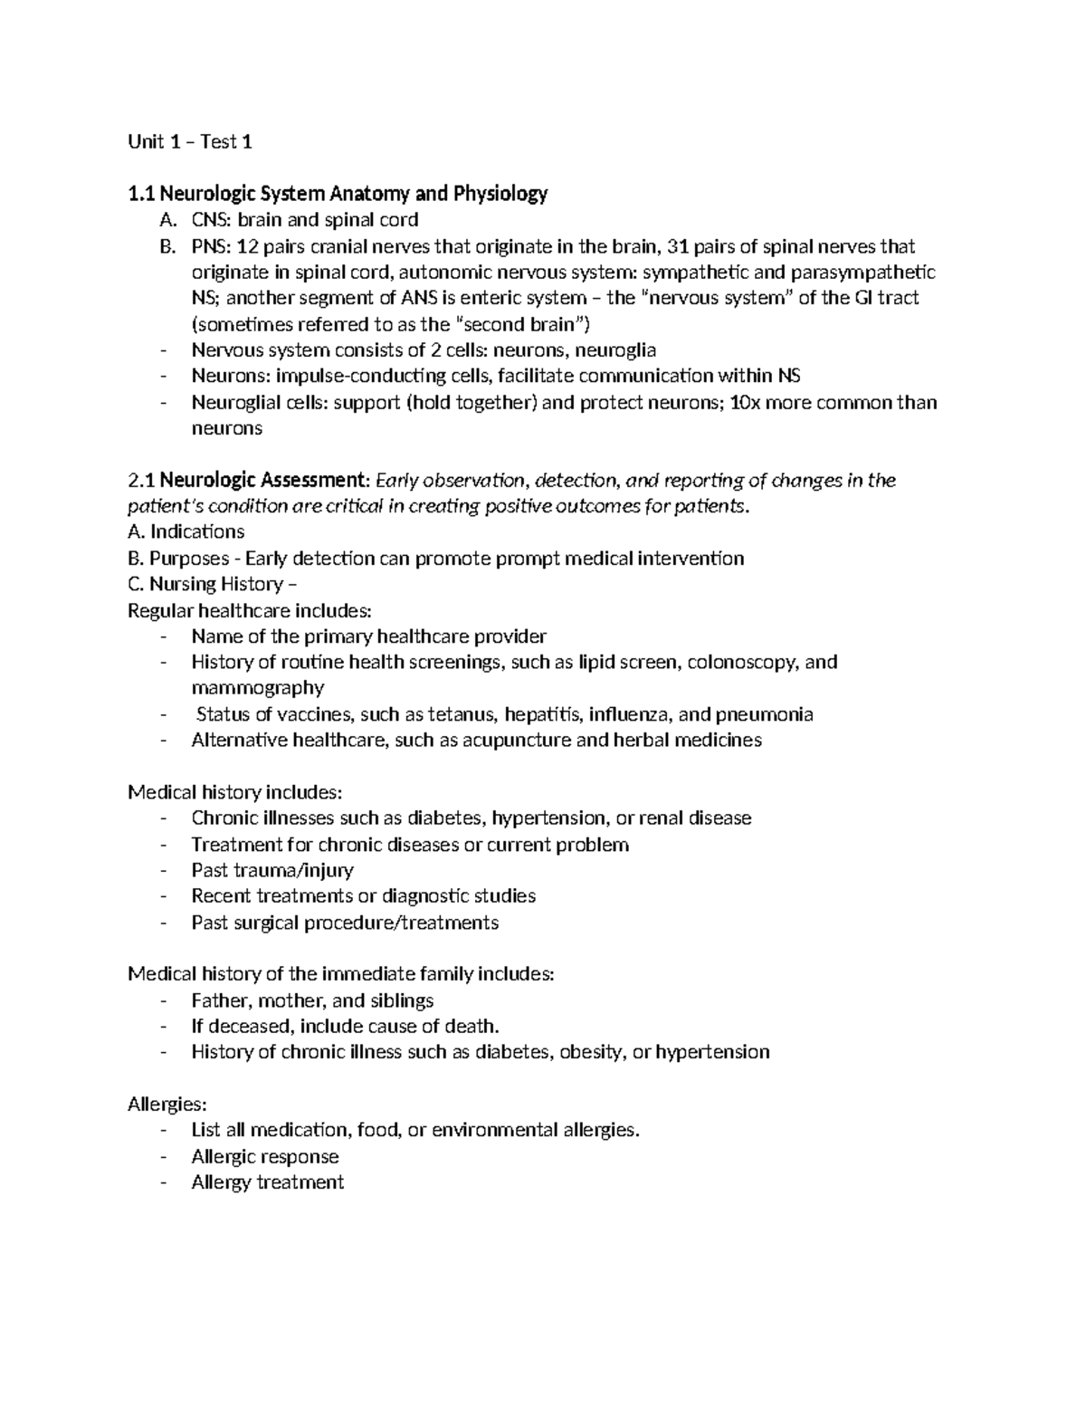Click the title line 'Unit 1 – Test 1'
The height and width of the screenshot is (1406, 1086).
click(x=190, y=141)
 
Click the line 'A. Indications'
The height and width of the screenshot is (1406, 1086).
click(x=186, y=532)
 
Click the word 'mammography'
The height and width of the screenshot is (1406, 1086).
click(x=257, y=688)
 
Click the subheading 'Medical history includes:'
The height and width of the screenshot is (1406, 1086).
click(x=235, y=793)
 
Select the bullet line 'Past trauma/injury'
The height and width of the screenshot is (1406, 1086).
click(x=272, y=871)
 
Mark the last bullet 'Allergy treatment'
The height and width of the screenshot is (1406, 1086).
click(x=267, y=1183)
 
